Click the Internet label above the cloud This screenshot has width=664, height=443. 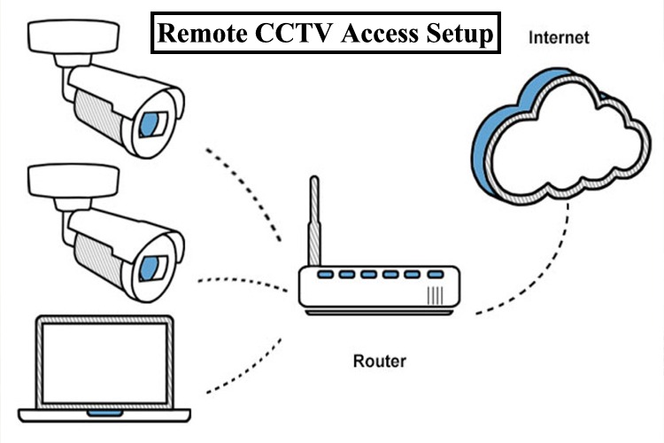pyautogui.click(x=559, y=39)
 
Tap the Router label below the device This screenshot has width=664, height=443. pyautogui.click(x=378, y=361)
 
